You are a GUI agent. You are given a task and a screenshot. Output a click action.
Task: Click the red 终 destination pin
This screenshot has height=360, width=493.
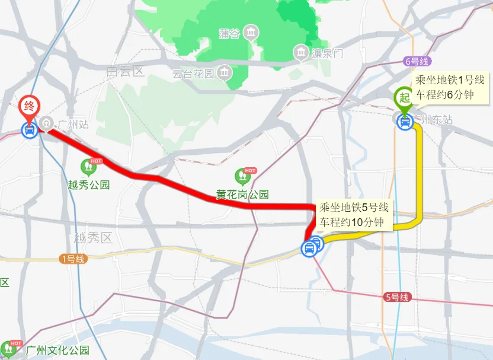click(29, 107)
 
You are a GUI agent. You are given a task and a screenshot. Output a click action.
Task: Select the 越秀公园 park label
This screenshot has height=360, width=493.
click(89, 185)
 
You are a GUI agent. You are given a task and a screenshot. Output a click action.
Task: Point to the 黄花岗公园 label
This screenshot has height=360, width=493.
click(242, 195)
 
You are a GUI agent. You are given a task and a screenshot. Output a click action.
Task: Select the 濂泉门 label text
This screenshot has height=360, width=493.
click(329, 54)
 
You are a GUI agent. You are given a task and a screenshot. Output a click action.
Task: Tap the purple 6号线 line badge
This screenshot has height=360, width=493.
click(418, 61)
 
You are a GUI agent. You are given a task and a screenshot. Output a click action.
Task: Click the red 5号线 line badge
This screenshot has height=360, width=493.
click(396, 297)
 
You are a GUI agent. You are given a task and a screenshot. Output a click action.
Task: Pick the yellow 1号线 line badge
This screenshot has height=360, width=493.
click(73, 259)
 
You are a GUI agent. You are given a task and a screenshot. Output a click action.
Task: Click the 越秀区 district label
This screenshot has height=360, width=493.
click(93, 238)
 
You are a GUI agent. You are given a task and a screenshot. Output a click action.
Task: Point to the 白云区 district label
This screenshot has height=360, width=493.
click(126, 72)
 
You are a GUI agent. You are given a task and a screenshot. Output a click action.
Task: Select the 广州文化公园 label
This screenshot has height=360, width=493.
click(57, 351)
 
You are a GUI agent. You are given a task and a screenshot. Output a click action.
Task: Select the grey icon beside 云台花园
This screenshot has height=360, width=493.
click(225, 74)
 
